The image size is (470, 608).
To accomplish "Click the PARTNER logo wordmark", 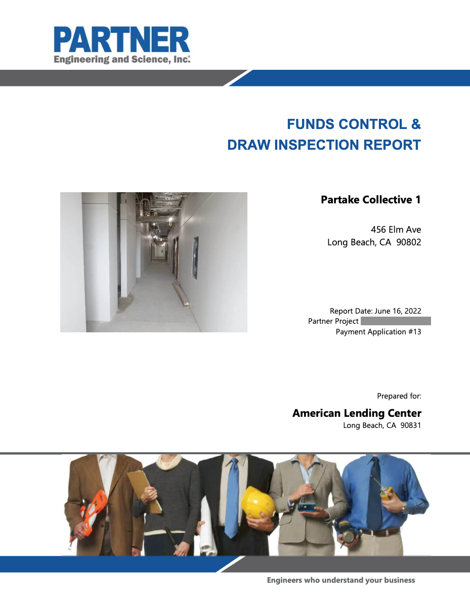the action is (122, 39).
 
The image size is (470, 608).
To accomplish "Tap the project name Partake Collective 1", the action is (371, 199).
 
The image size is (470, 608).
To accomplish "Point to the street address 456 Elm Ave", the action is (396, 230).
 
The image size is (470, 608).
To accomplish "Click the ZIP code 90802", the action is (409, 242).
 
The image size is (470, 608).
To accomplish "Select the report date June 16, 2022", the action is (398, 311).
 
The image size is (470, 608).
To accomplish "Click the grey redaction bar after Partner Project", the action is (396, 321).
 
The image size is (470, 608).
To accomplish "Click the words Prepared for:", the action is (399, 396).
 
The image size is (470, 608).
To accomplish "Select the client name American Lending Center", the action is (357, 413).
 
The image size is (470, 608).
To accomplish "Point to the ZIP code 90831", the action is (411, 425).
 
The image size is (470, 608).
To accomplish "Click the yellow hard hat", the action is (258, 502).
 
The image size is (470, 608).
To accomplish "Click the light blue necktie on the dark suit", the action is (232, 498).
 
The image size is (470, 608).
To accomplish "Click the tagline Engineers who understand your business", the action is (341, 580).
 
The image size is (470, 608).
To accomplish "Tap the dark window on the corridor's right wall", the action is (195, 257).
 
